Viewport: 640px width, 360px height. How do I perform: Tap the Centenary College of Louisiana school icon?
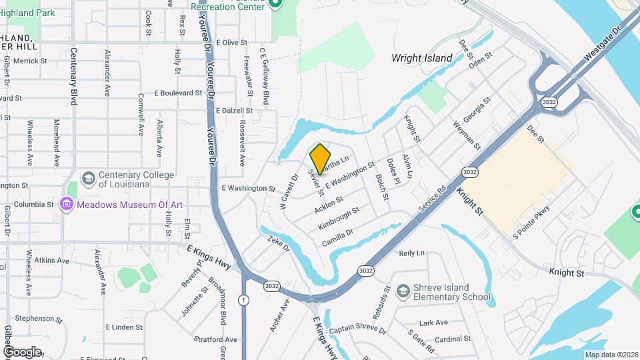88,179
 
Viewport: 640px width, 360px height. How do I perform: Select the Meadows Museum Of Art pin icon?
67,205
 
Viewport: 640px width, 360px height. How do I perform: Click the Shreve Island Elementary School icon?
403,291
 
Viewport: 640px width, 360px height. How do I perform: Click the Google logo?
21,351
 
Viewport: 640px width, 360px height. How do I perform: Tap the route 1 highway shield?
244,299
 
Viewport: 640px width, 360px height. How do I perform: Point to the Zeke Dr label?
279,243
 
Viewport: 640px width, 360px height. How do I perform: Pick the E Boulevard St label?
177,93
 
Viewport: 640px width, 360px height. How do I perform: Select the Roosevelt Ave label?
243,143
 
